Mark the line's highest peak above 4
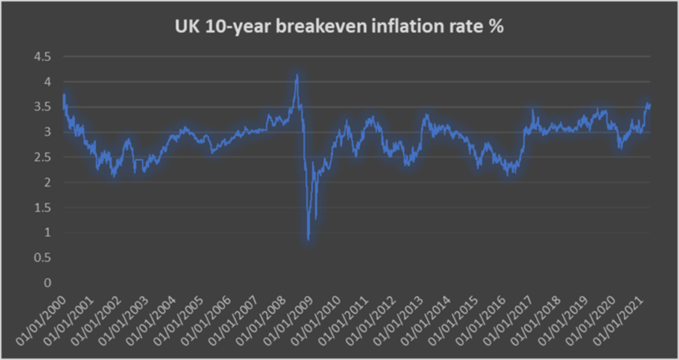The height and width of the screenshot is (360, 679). [x=297, y=74]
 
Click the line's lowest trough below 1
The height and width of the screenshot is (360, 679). [x=308, y=239]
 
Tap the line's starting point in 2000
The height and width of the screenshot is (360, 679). [x=63, y=95]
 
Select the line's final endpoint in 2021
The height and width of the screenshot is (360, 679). [x=650, y=104]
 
